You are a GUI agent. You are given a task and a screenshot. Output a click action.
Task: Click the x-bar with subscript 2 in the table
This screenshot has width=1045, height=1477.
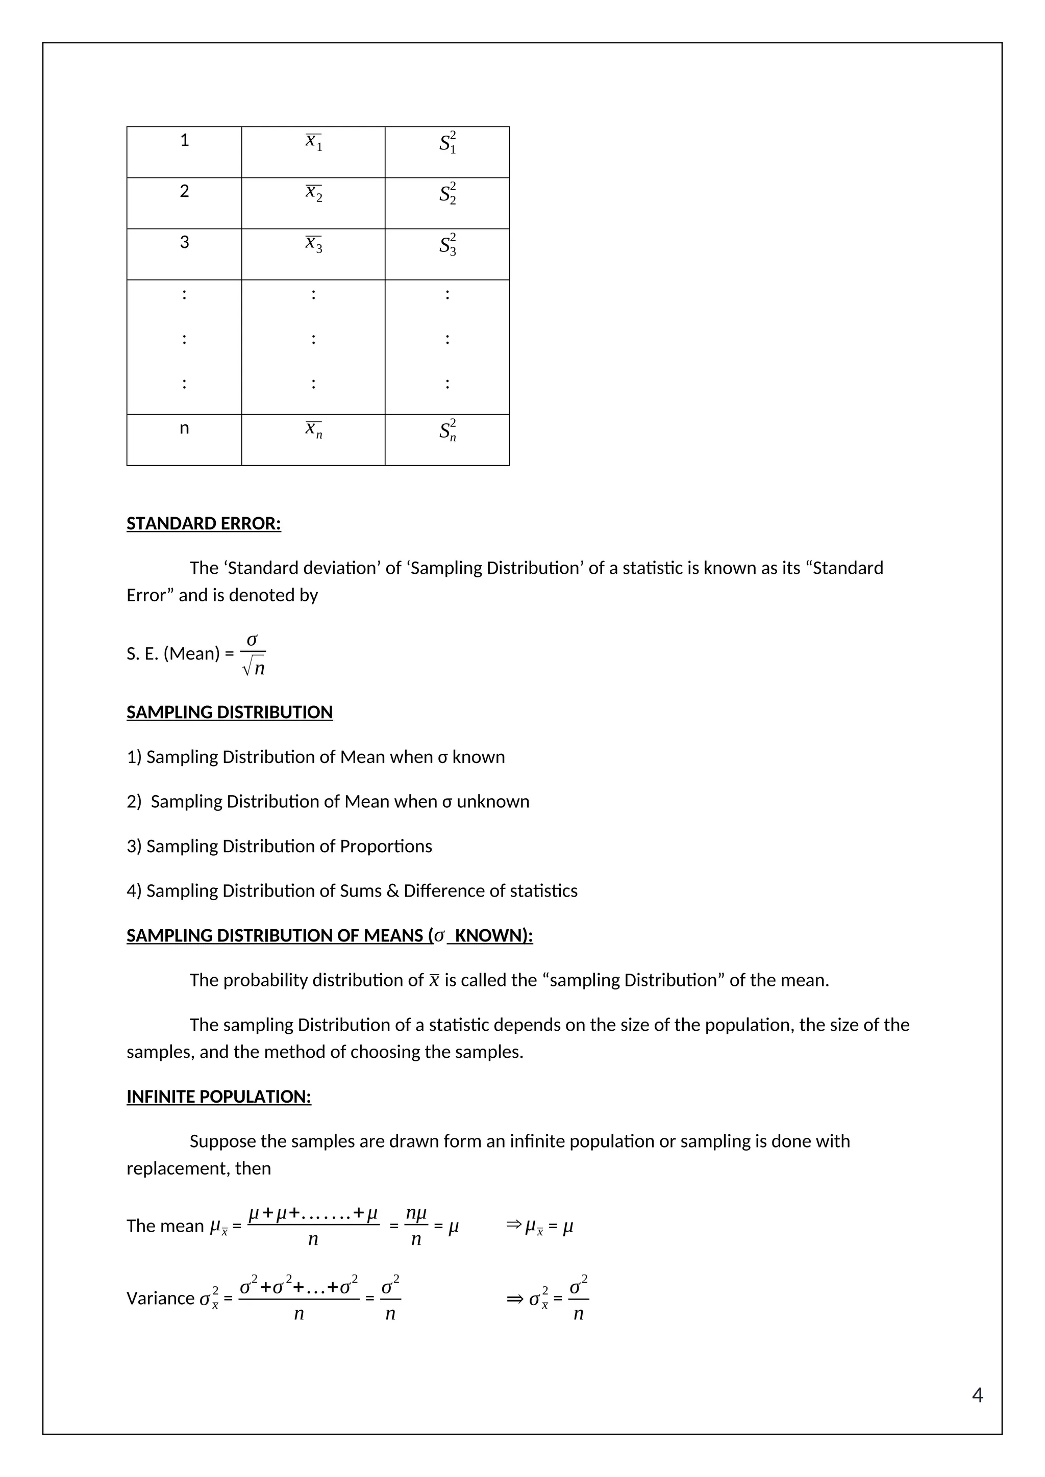(313, 193)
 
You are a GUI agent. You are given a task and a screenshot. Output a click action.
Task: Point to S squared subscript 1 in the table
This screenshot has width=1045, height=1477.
(447, 143)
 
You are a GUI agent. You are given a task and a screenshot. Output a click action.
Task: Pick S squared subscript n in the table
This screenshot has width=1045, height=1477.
(447, 430)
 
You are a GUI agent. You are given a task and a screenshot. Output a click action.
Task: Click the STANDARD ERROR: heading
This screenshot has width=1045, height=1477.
(204, 524)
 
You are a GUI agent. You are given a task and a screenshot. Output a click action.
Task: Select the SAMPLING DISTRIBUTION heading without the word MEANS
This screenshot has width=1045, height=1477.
(229, 712)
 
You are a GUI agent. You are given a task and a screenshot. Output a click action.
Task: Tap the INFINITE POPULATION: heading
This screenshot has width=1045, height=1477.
(218, 1097)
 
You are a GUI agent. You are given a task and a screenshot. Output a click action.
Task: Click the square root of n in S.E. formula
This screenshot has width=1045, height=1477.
(254, 669)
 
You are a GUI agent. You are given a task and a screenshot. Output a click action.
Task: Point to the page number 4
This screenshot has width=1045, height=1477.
(977, 1395)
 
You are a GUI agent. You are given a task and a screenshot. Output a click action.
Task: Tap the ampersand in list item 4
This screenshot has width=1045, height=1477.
(392, 891)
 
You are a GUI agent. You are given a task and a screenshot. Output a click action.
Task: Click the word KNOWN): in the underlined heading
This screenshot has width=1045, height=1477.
(493, 935)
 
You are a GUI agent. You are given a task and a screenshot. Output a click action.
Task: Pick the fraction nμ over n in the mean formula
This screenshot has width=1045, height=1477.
(416, 1226)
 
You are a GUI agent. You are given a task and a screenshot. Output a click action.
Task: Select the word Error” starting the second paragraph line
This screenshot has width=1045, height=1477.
(150, 595)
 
